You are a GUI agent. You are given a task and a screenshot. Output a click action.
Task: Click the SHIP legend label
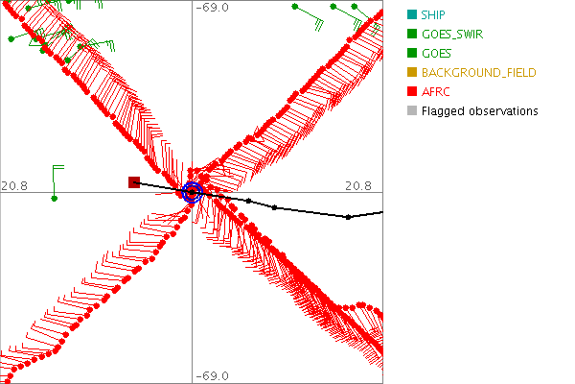(435, 14)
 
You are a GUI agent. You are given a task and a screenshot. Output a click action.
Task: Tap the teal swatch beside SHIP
(411, 14)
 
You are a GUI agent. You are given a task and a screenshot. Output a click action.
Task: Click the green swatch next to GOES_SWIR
(411, 34)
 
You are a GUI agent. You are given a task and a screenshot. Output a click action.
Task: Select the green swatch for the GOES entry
(411, 53)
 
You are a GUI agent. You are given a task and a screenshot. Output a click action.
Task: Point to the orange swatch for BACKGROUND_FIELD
(411, 72)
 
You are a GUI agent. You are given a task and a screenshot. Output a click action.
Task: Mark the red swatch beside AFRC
(411, 91)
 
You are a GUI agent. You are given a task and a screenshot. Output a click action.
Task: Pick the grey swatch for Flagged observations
(411, 111)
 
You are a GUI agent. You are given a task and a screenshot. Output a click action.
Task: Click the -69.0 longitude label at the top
(213, 8)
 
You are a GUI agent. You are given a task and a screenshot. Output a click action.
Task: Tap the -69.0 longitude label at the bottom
(213, 376)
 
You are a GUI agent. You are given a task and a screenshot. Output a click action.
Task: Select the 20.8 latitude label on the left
(13, 185)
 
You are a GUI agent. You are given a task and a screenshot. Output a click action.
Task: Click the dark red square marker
(134, 182)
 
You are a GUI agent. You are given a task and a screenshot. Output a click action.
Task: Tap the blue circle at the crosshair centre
(192, 192)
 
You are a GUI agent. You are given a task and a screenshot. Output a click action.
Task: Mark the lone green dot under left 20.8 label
(55, 199)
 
